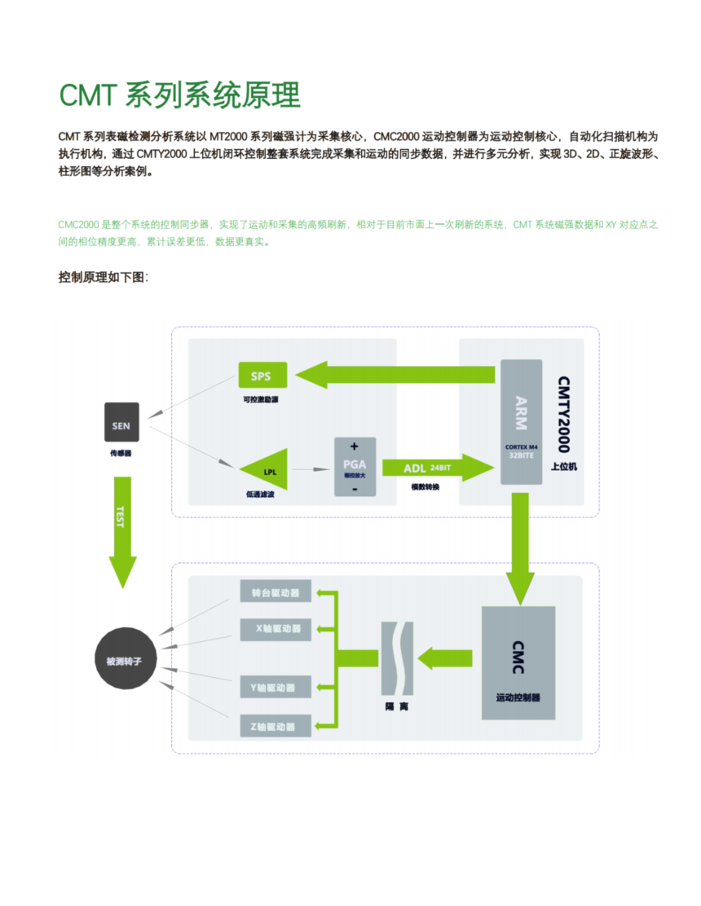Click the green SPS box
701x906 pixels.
[262, 375]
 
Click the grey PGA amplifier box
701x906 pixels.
[355, 467]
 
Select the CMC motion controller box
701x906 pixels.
[518, 662]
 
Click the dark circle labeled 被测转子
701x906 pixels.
[124, 662]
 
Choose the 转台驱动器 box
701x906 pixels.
[276, 592]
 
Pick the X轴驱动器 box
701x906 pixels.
[276, 628]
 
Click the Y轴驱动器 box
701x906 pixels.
[276, 687]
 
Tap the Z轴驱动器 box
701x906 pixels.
[276, 726]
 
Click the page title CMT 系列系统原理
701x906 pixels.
[179, 95]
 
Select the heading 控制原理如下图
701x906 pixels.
[103, 277]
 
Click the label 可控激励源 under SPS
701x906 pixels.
[261, 400]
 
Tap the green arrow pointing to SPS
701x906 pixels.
[395, 375]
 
